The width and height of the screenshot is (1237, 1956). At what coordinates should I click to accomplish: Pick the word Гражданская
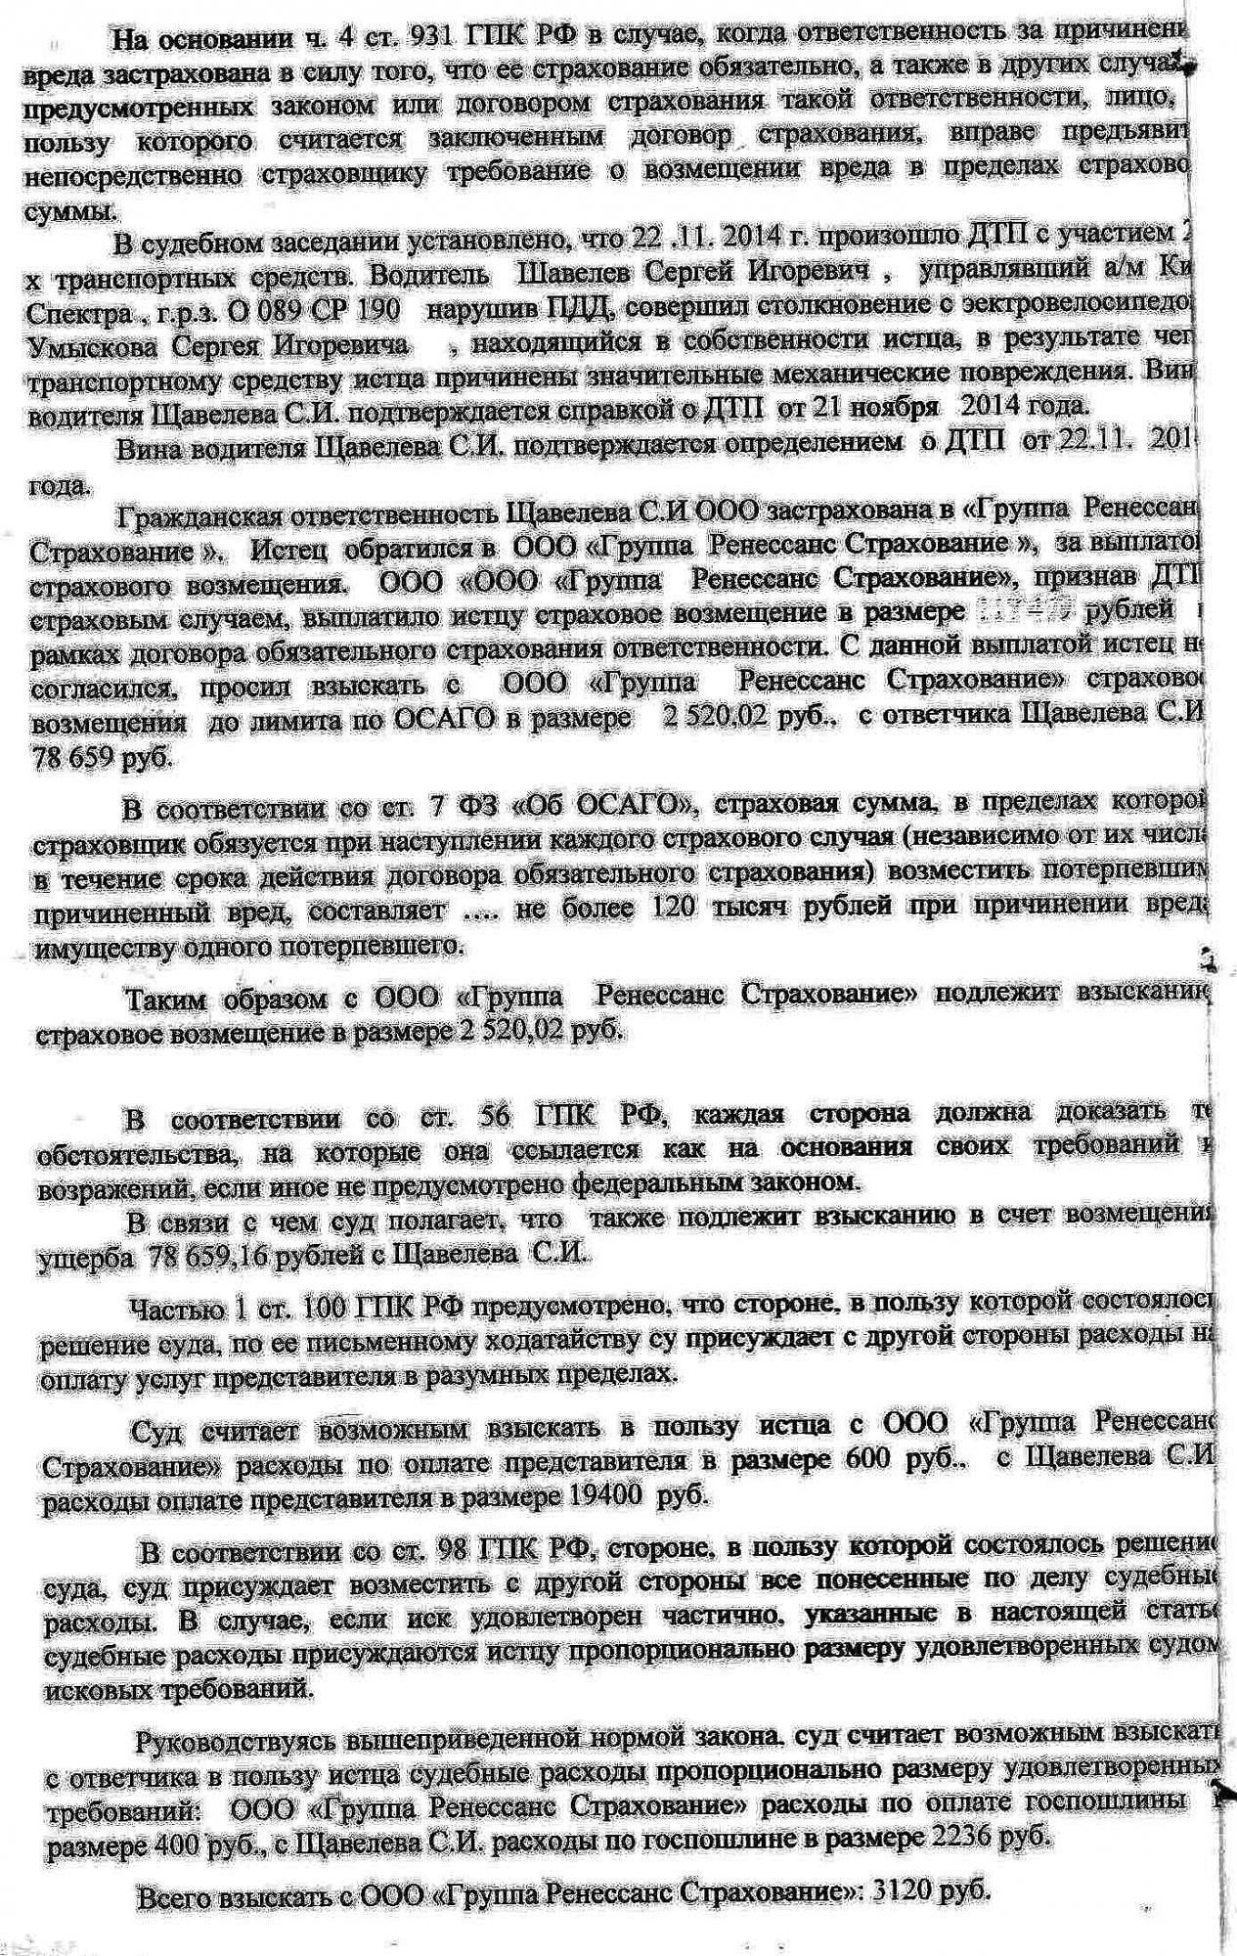click(211, 514)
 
